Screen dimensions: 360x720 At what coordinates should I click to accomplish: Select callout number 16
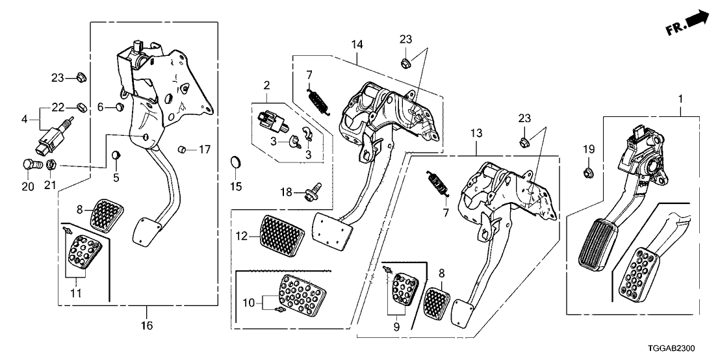(147, 326)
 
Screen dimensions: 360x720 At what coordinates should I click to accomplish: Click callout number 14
(356, 45)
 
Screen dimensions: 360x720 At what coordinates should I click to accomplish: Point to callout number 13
(476, 134)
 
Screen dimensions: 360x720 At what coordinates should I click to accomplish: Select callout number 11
(77, 294)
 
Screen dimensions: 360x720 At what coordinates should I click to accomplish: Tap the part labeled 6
(119, 106)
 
